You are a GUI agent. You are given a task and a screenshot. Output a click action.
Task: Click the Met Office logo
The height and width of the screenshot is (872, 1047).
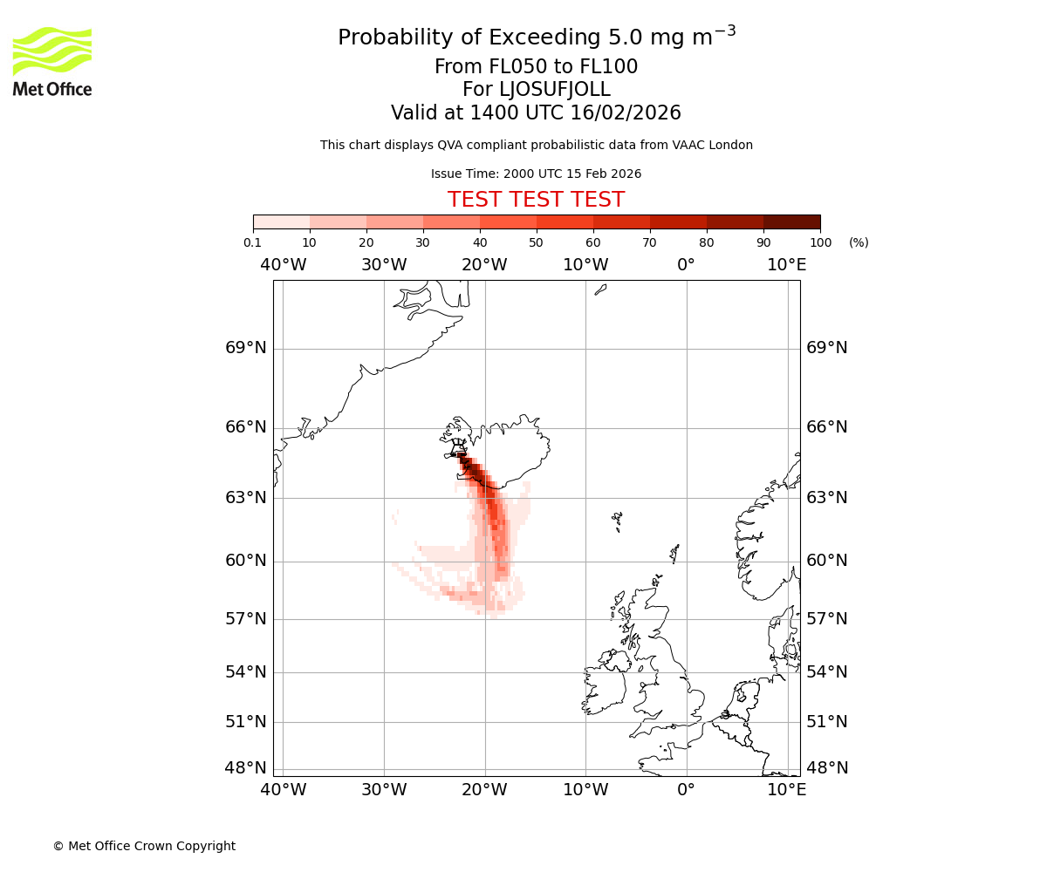52,61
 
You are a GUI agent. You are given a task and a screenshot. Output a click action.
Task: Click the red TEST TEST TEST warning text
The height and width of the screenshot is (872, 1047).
536,200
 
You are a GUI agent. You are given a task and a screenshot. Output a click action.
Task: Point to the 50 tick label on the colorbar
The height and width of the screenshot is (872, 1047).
536,242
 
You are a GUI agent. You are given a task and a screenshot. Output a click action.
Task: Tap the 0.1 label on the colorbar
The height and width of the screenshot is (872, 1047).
252,242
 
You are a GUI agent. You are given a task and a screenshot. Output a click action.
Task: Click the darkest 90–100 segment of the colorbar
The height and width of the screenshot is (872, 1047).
791,221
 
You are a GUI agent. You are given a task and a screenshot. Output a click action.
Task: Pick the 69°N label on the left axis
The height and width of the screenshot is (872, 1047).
246,348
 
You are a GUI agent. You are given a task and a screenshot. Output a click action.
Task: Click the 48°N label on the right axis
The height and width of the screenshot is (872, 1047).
826,768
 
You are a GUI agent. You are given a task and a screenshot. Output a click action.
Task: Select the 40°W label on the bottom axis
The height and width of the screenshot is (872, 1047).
284,790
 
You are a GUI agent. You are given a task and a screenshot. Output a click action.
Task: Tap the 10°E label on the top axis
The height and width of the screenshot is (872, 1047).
787,265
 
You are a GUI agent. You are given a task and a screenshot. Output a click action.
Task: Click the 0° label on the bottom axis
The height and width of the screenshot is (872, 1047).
687,790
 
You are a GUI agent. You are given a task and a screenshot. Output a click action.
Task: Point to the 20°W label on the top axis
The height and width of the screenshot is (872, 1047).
484,265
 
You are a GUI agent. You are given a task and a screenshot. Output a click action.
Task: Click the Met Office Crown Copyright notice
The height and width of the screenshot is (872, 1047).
144,846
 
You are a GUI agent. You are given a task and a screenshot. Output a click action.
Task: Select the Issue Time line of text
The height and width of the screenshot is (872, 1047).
536,174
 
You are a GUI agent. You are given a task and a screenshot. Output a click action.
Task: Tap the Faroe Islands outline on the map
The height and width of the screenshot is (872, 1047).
617,521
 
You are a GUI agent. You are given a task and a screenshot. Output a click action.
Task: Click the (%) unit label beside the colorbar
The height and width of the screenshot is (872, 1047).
859,242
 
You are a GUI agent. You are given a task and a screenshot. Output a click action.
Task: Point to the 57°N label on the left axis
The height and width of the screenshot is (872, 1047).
246,619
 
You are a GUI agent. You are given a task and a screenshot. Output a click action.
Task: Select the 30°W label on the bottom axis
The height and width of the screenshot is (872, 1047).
384,790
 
